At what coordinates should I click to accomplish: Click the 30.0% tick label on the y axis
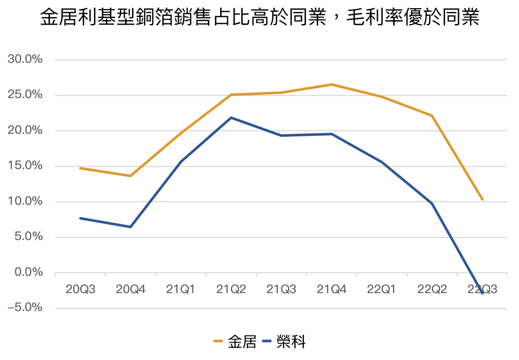coord(25,60)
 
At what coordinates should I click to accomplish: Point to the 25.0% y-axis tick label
coord(25,95)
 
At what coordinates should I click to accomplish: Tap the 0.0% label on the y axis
coord(27,273)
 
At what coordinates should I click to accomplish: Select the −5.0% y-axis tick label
coord(25,308)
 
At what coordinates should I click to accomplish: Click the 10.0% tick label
coord(25,202)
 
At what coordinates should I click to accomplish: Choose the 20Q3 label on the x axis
coord(80,290)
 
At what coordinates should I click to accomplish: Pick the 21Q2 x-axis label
coord(231,290)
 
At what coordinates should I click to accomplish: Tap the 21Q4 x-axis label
coord(332,290)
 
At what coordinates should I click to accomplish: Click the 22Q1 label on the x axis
coord(382,290)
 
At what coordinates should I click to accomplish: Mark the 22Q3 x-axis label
coord(482,290)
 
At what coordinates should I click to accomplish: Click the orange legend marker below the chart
coord(218,341)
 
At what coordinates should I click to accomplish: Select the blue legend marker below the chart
coord(267,341)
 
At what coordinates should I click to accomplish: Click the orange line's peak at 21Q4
coord(332,84)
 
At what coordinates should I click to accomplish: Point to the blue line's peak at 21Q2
coord(231,117)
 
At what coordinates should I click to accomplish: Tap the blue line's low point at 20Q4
coord(130,227)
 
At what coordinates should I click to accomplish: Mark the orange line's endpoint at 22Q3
coord(482,200)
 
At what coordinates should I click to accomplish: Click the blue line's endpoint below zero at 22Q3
coord(482,293)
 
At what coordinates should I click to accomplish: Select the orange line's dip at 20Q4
coord(130,176)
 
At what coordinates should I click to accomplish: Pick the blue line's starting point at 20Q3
coord(80,218)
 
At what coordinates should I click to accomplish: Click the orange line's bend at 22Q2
coord(432,115)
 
